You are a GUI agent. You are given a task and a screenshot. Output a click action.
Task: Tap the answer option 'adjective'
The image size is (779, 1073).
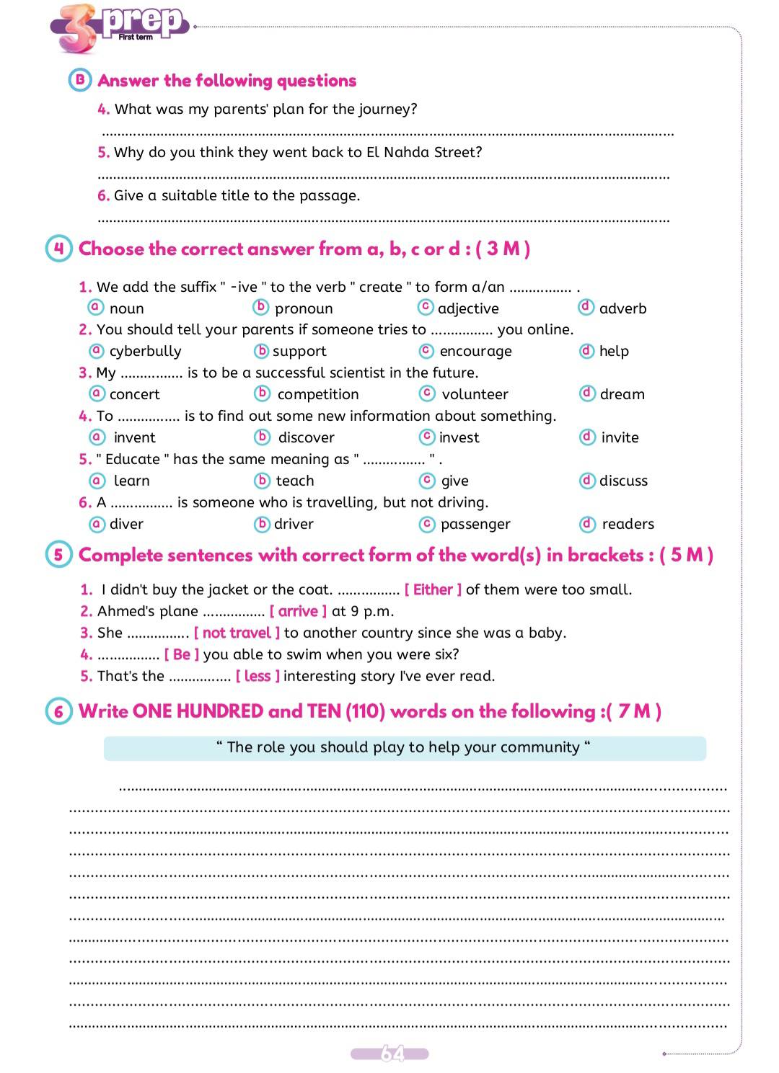pos(467,308)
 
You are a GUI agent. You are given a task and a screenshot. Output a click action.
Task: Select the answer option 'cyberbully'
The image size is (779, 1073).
pos(145,351)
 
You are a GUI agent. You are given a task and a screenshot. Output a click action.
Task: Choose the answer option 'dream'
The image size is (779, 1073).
pos(622,394)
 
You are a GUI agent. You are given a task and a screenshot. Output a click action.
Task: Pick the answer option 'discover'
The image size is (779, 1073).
pos(306,437)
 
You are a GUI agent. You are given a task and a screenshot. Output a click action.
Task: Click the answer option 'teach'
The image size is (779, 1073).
pos(294,481)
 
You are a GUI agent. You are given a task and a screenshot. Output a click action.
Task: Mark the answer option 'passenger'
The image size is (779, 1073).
pos(475,524)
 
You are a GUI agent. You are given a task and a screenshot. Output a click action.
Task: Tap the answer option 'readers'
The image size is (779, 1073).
pos(628,524)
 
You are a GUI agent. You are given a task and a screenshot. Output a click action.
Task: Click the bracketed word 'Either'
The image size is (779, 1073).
pos(433,589)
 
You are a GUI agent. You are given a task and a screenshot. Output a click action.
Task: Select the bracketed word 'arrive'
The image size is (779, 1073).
pos(298,611)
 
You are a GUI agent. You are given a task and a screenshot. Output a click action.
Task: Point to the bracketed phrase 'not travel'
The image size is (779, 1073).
pos(237,633)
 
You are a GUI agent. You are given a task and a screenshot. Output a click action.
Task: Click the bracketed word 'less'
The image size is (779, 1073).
pos(258,676)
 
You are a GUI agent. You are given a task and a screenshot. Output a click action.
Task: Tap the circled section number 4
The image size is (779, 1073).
pos(59,249)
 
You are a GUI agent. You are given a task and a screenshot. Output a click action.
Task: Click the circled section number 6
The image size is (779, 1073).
pos(59,711)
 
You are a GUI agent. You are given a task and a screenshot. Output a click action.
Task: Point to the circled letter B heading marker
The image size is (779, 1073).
pos(80,80)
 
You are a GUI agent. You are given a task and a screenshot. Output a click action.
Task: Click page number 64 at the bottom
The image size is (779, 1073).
pos(390,1054)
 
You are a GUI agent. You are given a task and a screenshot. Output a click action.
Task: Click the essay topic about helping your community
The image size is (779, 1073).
pos(404,747)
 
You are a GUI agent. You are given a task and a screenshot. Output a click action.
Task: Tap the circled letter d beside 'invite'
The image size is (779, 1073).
pos(587,437)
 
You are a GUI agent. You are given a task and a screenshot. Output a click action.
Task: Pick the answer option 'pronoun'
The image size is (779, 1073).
pos(303,308)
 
